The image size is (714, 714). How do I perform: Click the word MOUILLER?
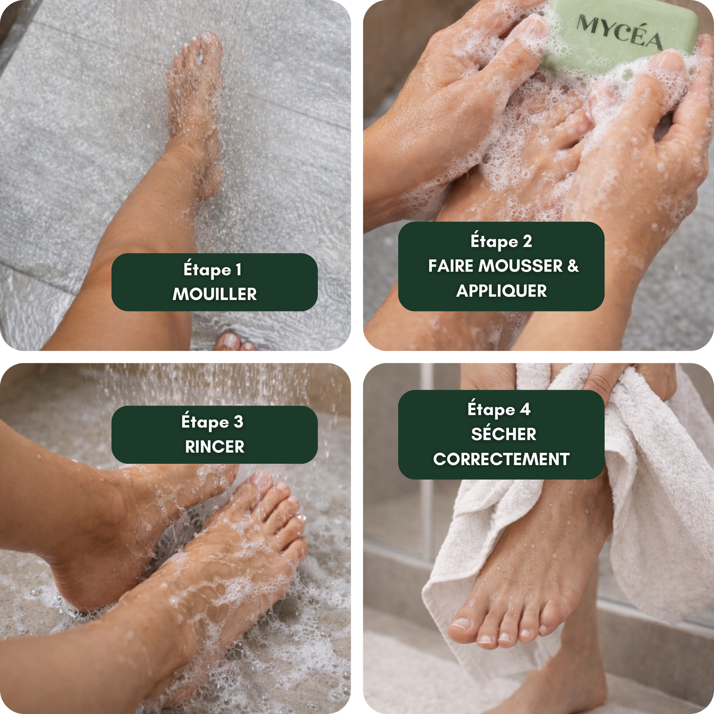pyautogui.click(x=215, y=294)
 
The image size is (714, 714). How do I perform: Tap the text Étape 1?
pyautogui.click(x=212, y=269)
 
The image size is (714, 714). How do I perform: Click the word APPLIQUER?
pyautogui.click(x=501, y=291)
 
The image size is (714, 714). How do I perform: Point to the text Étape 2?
pyautogui.click(x=501, y=241)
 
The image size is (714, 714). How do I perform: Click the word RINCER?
pyautogui.click(x=215, y=446)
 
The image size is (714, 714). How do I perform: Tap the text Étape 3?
pyautogui.click(x=212, y=422)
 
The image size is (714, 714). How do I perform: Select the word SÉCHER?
pyautogui.click(x=504, y=433)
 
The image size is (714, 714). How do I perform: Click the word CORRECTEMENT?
pyautogui.click(x=501, y=459)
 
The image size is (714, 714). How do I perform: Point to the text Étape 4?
pyautogui.click(x=499, y=409)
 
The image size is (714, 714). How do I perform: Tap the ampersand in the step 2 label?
pyautogui.click(x=573, y=266)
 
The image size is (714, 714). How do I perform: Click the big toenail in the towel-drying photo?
pyautogui.click(x=461, y=623)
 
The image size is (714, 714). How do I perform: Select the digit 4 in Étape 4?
pyautogui.click(x=525, y=408)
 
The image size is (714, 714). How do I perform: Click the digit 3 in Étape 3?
pyautogui.click(x=238, y=421)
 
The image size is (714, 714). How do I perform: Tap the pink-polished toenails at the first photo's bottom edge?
pyautogui.click(x=235, y=342)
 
